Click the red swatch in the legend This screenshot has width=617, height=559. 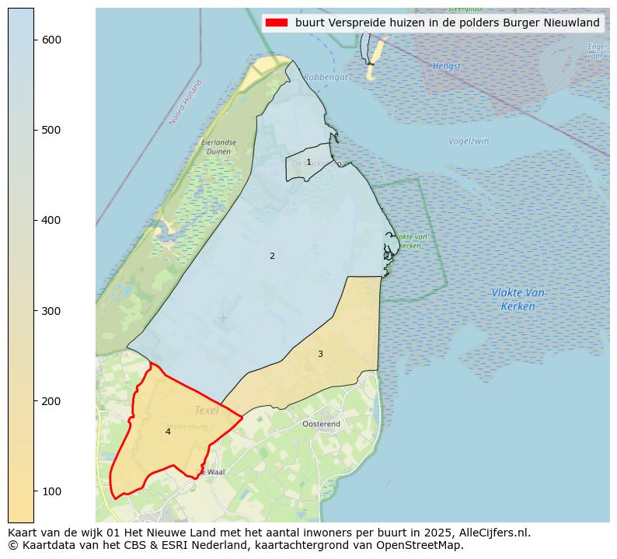(x=276, y=23)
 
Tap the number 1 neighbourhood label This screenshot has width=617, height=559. (x=308, y=162)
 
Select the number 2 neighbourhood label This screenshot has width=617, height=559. (x=272, y=256)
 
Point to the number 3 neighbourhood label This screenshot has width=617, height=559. (x=320, y=354)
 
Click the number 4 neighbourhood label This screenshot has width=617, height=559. (x=168, y=431)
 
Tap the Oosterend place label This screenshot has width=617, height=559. (x=321, y=424)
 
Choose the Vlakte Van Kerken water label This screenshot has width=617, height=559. (x=518, y=299)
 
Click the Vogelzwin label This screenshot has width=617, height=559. (x=469, y=141)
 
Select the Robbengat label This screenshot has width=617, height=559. (x=326, y=77)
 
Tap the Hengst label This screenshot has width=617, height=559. (x=446, y=66)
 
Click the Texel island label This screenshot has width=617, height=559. (x=206, y=411)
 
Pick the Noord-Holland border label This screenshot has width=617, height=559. (x=186, y=102)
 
